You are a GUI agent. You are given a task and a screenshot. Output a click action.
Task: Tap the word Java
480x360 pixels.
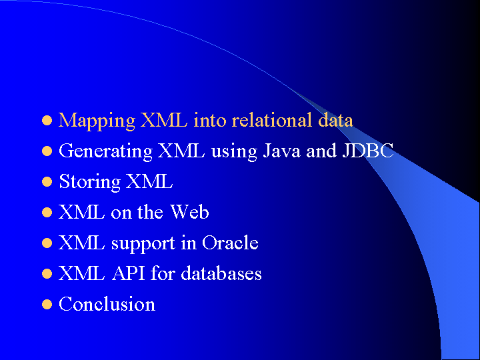[x=281, y=151]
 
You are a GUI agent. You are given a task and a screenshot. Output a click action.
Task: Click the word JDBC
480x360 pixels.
[x=367, y=151]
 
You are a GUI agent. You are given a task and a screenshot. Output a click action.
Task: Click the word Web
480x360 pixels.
[x=189, y=212]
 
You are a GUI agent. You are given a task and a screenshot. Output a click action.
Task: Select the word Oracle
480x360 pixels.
[x=230, y=243]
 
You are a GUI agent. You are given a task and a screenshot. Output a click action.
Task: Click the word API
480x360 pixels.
[x=128, y=273]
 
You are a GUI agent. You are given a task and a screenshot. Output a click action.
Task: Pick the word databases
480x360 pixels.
[x=221, y=273]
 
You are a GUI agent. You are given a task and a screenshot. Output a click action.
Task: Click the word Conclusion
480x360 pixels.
[x=107, y=304]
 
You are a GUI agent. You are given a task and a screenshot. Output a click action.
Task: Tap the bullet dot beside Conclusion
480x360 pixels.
[x=47, y=305]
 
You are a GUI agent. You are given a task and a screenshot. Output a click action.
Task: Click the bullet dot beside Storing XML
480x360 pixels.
[x=47, y=182]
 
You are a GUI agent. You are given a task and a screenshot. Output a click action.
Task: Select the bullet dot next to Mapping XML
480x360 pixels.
[x=47, y=121]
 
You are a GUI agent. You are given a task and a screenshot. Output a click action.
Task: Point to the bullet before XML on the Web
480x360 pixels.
[x=47, y=213]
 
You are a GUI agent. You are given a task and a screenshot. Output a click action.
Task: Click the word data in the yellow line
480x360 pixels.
[x=335, y=120]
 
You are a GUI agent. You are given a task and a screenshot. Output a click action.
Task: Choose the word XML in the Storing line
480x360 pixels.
[x=149, y=181]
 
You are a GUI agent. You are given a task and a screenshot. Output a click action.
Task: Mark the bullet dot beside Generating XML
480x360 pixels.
[x=47, y=151]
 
